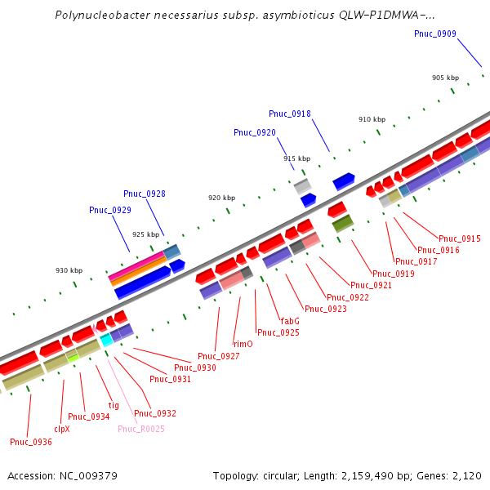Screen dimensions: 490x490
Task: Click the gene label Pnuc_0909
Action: (x=435, y=33)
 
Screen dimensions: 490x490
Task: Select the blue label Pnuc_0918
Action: (x=290, y=114)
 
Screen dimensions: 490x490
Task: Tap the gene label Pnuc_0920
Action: (x=255, y=132)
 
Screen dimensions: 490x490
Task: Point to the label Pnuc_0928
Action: (x=145, y=194)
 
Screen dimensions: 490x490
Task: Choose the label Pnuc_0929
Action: (x=110, y=210)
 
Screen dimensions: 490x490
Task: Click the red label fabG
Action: (x=290, y=321)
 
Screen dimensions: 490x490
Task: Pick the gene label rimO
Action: (x=243, y=344)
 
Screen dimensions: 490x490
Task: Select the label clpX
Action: (x=62, y=428)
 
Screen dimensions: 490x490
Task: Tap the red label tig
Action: (x=114, y=404)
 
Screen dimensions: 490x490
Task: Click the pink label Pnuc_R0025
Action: (x=141, y=429)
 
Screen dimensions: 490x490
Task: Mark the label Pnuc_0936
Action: (x=31, y=442)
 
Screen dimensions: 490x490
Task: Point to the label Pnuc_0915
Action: (x=460, y=238)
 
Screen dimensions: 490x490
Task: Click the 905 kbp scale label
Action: (x=446, y=78)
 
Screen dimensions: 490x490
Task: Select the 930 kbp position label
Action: (x=69, y=270)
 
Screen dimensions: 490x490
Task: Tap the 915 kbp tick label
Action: (x=297, y=158)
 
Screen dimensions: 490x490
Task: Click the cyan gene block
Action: (x=106, y=339)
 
